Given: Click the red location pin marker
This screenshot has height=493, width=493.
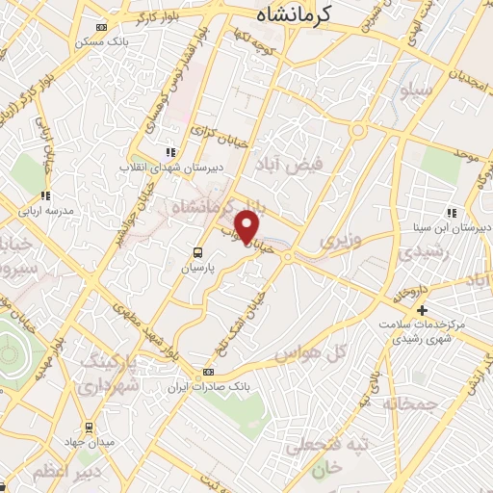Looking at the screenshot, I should click(x=248, y=227).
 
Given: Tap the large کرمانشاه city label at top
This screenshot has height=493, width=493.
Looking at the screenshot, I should click(x=295, y=14).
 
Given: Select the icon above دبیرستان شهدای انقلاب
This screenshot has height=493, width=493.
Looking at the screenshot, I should click(x=171, y=151).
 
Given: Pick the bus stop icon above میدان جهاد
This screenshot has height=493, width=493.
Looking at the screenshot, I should click(x=89, y=427).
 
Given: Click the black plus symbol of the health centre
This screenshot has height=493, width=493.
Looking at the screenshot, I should click(x=422, y=310).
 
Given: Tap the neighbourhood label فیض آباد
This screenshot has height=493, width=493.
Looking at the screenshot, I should click(x=281, y=165).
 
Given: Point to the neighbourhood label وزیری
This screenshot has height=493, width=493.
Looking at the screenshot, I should click(x=340, y=237).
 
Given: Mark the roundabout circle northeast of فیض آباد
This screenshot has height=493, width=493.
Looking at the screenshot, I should click(x=358, y=129).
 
